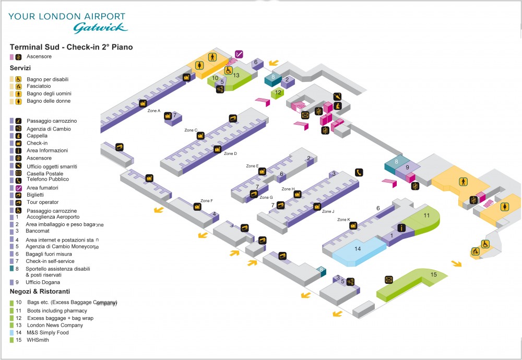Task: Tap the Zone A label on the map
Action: tap(153, 111)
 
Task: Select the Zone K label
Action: tap(343, 220)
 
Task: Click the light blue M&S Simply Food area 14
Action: tap(358, 249)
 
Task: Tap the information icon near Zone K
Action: tap(401, 227)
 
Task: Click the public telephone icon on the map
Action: tap(359, 172)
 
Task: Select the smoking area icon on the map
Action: tap(239, 54)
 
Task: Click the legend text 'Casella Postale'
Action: tap(44, 173)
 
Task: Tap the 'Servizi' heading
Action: tap(20, 68)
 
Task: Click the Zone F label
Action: tap(206, 201)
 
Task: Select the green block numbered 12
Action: tap(277, 93)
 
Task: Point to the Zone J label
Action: tap(328, 211)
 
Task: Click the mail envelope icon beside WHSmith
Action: tap(388, 280)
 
